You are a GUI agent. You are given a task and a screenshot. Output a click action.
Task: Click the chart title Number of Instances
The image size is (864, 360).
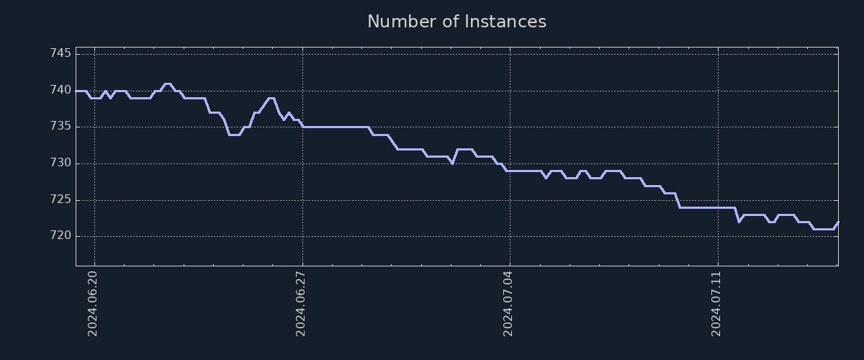pos(456,22)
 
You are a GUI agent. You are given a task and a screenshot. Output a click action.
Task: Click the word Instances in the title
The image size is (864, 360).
pos(505,22)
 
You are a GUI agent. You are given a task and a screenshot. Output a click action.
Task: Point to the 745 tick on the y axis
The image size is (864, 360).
pos(60,54)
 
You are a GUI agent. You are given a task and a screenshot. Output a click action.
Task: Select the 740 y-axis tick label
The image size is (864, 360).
pos(60,91)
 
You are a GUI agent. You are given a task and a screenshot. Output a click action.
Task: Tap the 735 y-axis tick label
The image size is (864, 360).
pos(60,127)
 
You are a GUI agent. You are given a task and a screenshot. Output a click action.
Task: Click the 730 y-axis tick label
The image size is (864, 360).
pos(60,163)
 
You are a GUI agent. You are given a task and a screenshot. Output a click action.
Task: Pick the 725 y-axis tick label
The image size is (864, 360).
pos(60,199)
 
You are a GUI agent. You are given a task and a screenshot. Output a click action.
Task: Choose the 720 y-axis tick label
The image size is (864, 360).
pos(60,236)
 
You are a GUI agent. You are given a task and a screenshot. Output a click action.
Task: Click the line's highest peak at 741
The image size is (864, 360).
pos(167,84)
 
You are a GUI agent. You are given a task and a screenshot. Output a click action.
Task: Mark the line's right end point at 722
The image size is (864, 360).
pos(838,222)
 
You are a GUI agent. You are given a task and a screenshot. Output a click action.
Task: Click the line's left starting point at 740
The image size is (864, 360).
pos(76,91)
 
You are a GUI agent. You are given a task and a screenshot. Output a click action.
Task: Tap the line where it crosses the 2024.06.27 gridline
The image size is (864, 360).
pos(302,127)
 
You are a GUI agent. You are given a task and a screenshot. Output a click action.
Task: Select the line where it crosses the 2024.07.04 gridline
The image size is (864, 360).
pos(510,171)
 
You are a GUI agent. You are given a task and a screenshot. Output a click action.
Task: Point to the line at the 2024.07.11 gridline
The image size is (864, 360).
pos(718,207)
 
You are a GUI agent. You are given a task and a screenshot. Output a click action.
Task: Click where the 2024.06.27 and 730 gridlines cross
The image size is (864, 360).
pos(302,163)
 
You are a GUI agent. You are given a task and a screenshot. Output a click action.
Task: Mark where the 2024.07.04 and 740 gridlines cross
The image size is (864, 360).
pos(510,91)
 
